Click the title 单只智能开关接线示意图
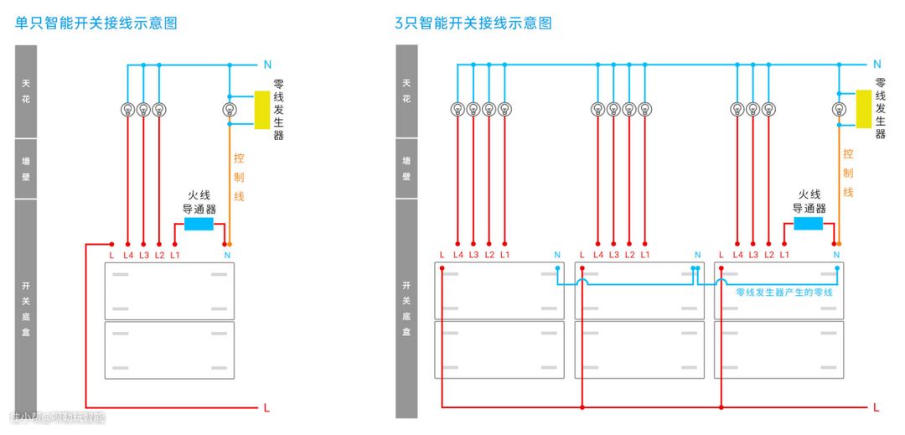[x=96, y=23]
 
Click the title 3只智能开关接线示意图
[x=473, y=23]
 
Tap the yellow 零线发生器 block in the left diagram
[x=262, y=110]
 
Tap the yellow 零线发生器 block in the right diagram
[x=863, y=109]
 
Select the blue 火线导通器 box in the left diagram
[x=199, y=224]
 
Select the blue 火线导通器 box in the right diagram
[x=808, y=224]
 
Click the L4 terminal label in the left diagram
[x=128, y=255]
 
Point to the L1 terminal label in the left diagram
[x=175, y=255]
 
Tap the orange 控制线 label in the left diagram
[x=239, y=176]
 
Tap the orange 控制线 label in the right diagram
[x=848, y=173]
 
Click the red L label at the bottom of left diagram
[x=266, y=408]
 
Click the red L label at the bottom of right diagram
[x=877, y=407]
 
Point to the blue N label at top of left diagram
[x=267, y=65]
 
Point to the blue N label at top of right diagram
[x=877, y=65]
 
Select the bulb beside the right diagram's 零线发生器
[x=838, y=109]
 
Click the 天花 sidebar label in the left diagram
[x=25, y=91]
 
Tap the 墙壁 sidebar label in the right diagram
[x=406, y=168]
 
